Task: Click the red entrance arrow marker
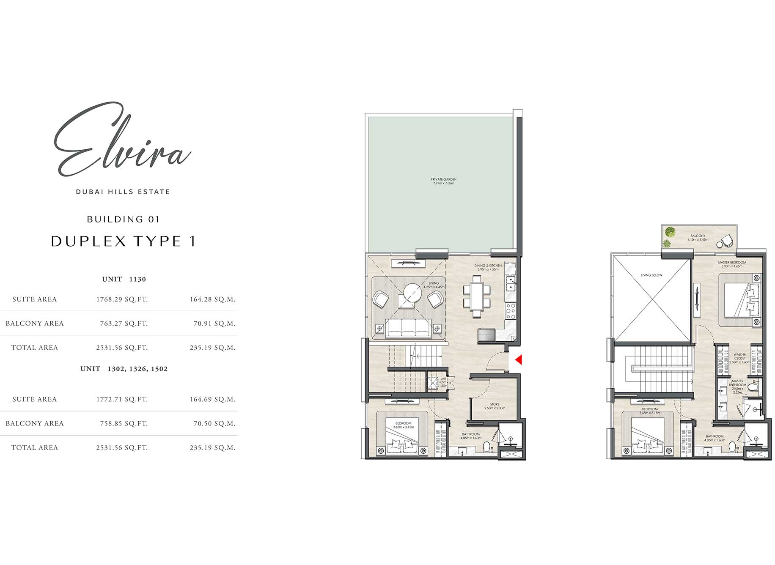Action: pyautogui.click(x=519, y=360)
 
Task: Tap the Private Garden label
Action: pyautogui.click(x=443, y=181)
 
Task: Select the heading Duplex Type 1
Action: pyautogui.click(x=124, y=241)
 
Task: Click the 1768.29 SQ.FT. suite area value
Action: pyautogui.click(x=122, y=299)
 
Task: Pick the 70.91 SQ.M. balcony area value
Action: pyautogui.click(x=214, y=324)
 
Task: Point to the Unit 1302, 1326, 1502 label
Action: pyautogui.click(x=124, y=369)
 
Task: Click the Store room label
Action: pyautogui.click(x=495, y=406)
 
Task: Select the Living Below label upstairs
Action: pyautogui.click(x=651, y=275)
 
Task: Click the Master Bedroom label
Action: pyautogui.click(x=732, y=264)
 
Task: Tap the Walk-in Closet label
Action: pyautogui.click(x=739, y=358)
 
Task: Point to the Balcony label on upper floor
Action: pyautogui.click(x=698, y=238)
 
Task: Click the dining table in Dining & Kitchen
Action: pyautogui.click(x=477, y=296)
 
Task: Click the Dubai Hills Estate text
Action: pyautogui.click(x=123, y=192)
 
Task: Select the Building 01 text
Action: pyautogui.click(x=123, y=219)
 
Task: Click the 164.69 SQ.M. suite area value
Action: pyautogui.click(x=212, y=399)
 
